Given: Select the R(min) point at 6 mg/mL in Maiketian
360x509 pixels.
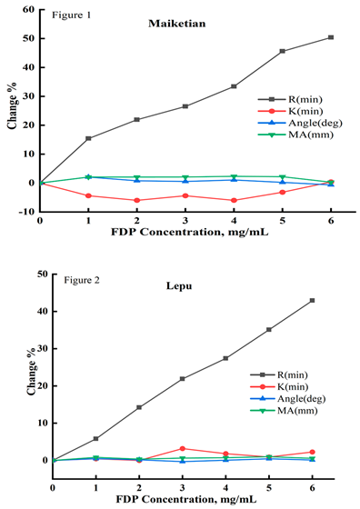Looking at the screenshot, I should [x=331, y=37].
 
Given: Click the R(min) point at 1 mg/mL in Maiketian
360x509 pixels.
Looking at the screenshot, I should [x=88, y=138].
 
